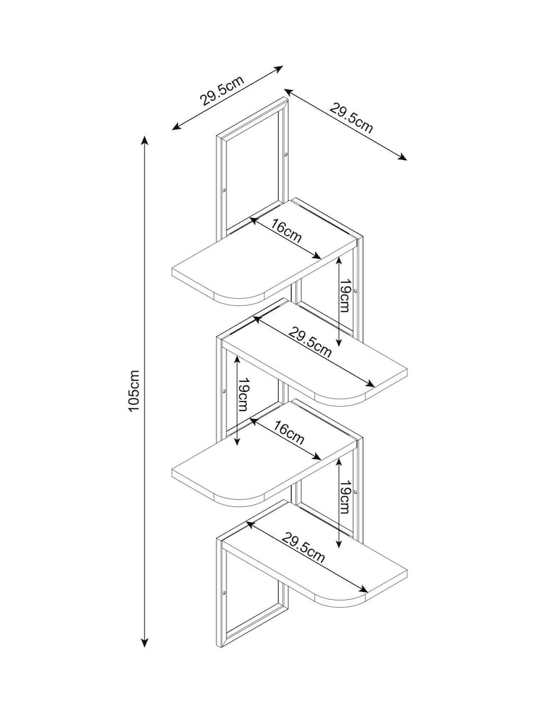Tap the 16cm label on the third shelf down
(x=288, y=433)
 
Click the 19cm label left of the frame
(x=243, y=396)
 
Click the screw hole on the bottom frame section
(x=224, y=593)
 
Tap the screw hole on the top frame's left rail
(x=224, y=190)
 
